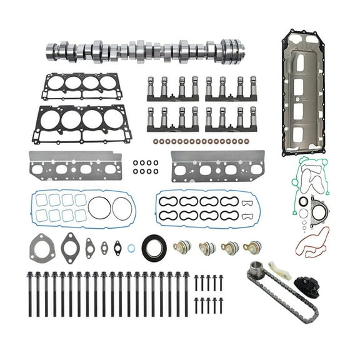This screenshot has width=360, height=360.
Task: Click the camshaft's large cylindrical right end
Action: (231, 51)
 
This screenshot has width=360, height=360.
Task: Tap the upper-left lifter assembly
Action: (172, 89)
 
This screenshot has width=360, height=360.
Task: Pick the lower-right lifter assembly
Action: (231, 119)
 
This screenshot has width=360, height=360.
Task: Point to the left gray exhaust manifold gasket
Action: (76, 166)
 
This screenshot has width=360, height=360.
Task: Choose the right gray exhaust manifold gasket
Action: (217, 166)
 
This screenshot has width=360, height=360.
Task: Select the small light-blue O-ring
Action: (131, 248)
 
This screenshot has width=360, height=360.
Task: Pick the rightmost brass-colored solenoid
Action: (252, 247)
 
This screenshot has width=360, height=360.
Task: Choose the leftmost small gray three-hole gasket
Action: (42, 246)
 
